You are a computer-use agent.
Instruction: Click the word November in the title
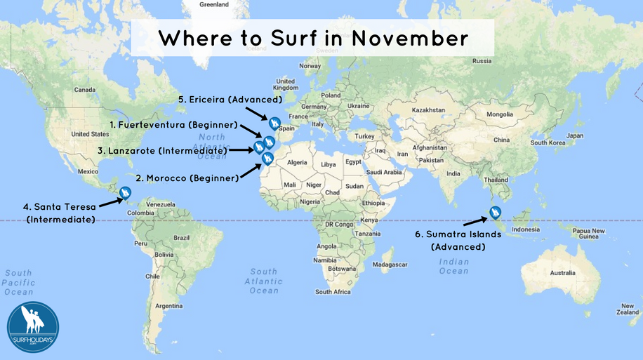click(x=411, y=38)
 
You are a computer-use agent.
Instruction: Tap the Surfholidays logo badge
click(x=33, y=327)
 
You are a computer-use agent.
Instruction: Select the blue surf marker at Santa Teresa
click(x=126, y=192)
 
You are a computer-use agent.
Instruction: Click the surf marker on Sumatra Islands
click(x=495, y=211)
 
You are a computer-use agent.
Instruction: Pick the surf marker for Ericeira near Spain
click(x=274, y=124)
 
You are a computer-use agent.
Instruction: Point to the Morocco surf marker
click(x=267, y=159)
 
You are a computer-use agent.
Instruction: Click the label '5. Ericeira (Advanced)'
click(x=220, y=100)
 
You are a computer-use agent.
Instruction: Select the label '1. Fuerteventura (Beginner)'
click(x=173, y=125)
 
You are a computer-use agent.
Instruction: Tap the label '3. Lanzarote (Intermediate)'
click(x=162, y=150)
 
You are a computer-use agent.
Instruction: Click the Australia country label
click(x=562, y=272)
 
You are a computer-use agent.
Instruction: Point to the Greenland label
click(x=213, y=4)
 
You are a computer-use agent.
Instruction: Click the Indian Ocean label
click(x=453, y=266)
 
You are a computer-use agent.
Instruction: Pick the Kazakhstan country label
click(x=429, y=110)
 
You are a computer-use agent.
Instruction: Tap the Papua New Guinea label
click(x=588, y=234)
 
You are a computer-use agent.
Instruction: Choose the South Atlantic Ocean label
click(x=263, y=281)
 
